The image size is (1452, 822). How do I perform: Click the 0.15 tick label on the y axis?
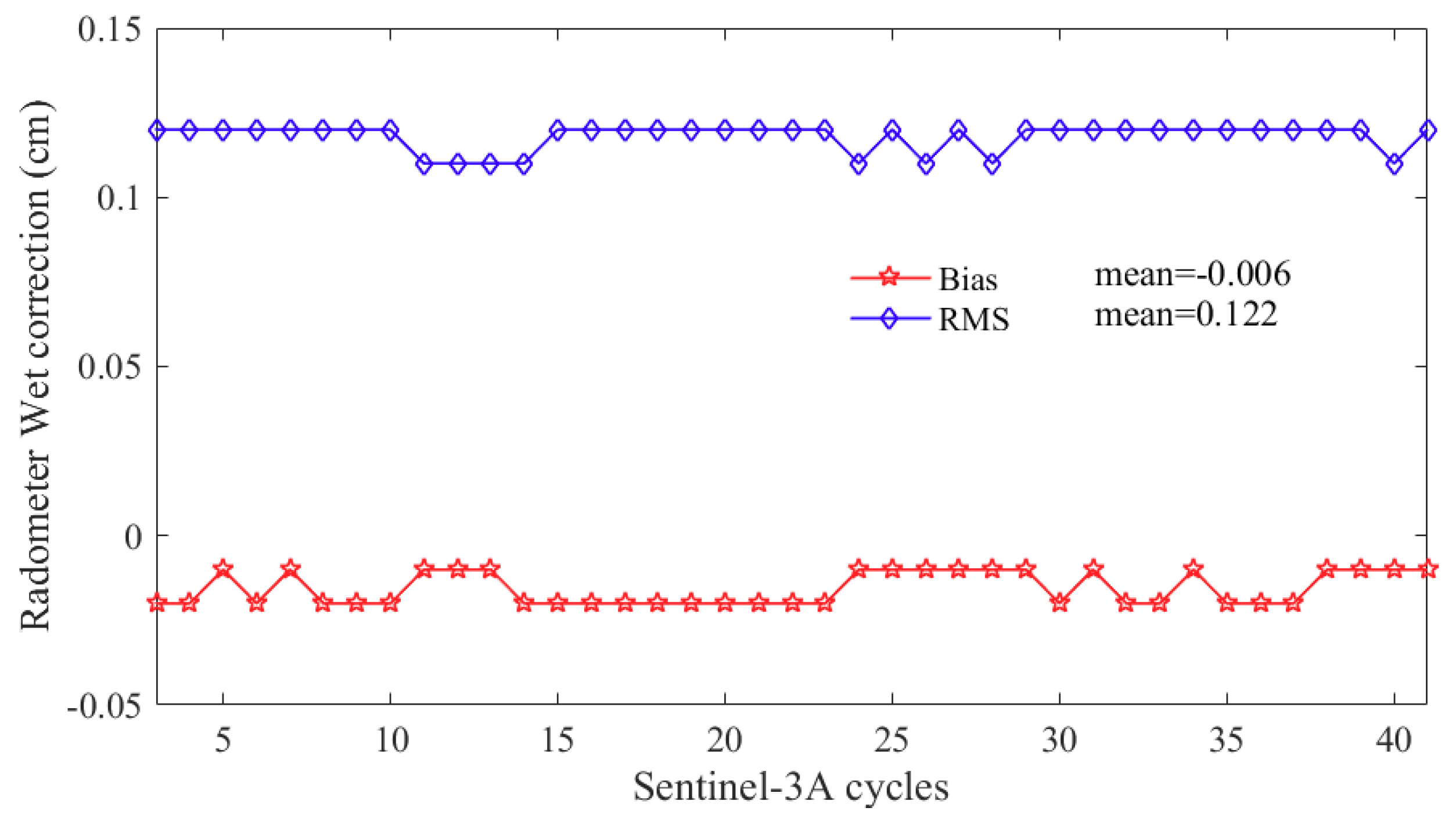[109, 29]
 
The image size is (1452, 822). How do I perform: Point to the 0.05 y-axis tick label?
[109, 367]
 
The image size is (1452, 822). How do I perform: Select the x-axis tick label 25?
[892, 741]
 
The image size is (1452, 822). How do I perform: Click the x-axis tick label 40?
[1394, 741]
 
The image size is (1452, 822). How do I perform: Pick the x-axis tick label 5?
[223, 741]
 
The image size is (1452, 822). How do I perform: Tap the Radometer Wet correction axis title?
[36, 366]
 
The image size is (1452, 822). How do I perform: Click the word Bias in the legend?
[968, 279]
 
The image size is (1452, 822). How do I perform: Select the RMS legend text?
[973, 320]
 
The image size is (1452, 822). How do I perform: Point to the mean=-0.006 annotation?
[1192, 274]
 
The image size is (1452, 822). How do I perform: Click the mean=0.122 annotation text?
[1185, 314]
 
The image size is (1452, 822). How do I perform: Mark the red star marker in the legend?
[889, 277]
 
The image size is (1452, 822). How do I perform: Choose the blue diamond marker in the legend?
[889, 318]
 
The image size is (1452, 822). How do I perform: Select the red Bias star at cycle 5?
[223, 569]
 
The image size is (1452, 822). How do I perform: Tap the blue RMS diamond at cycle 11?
[424, 164]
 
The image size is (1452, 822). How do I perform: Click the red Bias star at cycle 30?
[1059, 602]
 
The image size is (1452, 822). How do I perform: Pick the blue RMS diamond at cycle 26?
[926, 164]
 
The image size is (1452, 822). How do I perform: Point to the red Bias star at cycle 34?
[1193, 569]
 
